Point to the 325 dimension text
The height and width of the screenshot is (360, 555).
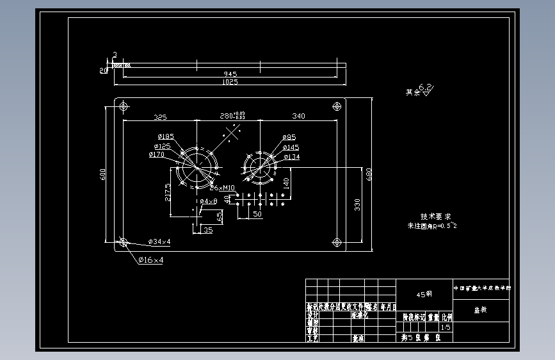(159, 117)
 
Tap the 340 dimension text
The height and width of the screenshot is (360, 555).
(298, 117)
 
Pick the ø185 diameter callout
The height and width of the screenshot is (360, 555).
(166, 136)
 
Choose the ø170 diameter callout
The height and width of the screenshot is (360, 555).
(157, 154)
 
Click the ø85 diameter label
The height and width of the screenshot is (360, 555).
(289, 137)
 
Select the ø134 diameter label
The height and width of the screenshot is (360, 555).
(291, 157)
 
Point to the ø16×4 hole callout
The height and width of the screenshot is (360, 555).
(150, 261)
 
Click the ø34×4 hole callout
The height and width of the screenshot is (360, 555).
(159, 241)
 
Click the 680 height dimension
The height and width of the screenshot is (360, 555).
(369, 174)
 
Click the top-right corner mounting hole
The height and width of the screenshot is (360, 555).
(337, 106)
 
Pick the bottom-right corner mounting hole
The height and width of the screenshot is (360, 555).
(337, 242)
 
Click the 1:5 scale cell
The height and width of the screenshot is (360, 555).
(446, 327)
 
